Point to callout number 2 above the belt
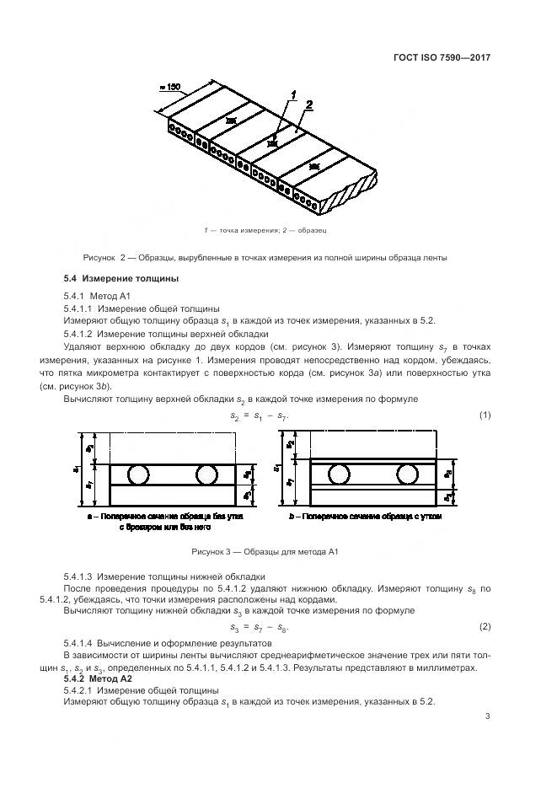point(310,105)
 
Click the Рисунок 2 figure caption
point(265,257)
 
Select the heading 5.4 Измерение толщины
point(121,279)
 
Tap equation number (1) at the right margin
point(485,415)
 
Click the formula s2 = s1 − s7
point(265,415)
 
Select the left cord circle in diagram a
point(139,473)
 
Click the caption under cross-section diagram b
point(364,515)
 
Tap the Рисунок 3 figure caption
point(265,551)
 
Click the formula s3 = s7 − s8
point(265,627)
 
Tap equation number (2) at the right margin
point(485,627)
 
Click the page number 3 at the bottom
point(487,717)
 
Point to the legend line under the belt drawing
point(265,229)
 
